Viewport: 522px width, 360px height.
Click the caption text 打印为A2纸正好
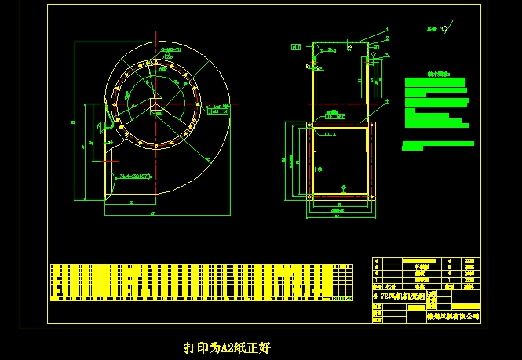(228, 347)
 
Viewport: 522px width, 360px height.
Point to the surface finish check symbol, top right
(444, 30)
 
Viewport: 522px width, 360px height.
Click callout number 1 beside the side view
(387, 30)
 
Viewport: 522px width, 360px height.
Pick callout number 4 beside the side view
(387, 102)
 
